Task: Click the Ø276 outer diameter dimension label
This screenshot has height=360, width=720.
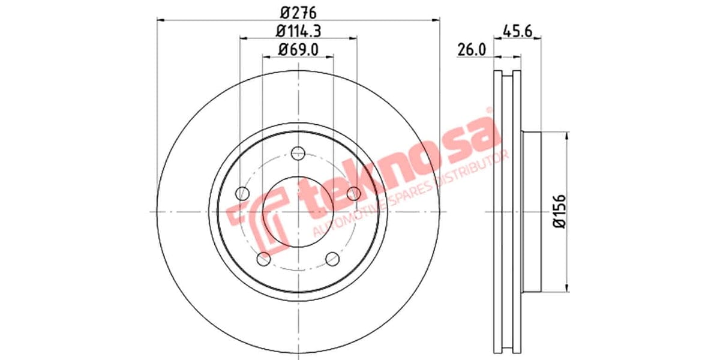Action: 298,11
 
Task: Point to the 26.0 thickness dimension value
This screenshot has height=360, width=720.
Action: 471,50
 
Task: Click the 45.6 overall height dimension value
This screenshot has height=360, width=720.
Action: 519,30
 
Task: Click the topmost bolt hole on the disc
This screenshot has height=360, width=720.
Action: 298,153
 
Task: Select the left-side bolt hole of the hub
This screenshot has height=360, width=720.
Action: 242,193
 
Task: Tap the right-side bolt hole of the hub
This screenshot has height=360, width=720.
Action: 354,193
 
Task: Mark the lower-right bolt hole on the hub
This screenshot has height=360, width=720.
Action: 333,259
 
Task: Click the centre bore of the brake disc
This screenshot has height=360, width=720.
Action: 298,212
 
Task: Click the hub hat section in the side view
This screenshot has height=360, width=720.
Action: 532,211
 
